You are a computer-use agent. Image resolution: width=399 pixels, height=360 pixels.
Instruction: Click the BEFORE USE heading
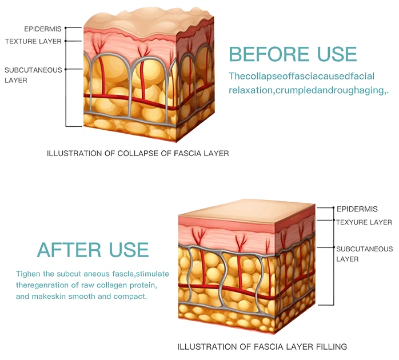[x=293, y=54]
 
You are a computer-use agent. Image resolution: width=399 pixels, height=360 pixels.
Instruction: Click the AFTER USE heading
[x=93, y=250]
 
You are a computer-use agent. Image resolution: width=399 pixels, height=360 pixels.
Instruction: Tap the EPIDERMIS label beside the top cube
[x=43, y=29]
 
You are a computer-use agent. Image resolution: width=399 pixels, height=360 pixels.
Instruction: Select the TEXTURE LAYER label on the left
[x=33, y=41]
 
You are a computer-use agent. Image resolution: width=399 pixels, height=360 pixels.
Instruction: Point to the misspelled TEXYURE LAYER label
[x=364, y=222]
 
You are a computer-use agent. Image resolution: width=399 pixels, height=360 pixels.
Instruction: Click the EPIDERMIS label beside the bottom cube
[x=357, y=209]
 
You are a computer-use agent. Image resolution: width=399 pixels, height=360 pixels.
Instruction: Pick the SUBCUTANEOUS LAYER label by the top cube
[x=33, y=75]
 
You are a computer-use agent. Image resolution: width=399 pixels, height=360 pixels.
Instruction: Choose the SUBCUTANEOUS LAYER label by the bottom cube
[x=364, y=254]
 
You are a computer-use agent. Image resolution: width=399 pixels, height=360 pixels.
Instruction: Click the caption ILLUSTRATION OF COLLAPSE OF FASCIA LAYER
[x=138, y=153]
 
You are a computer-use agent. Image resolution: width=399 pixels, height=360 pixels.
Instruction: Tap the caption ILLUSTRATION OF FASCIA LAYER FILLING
[x=262, y=347]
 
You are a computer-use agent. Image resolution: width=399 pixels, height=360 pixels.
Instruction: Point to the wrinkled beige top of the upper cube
[x=149, y=23]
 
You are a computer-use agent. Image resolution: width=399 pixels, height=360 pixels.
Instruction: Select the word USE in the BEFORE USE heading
[x=337, y=54]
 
